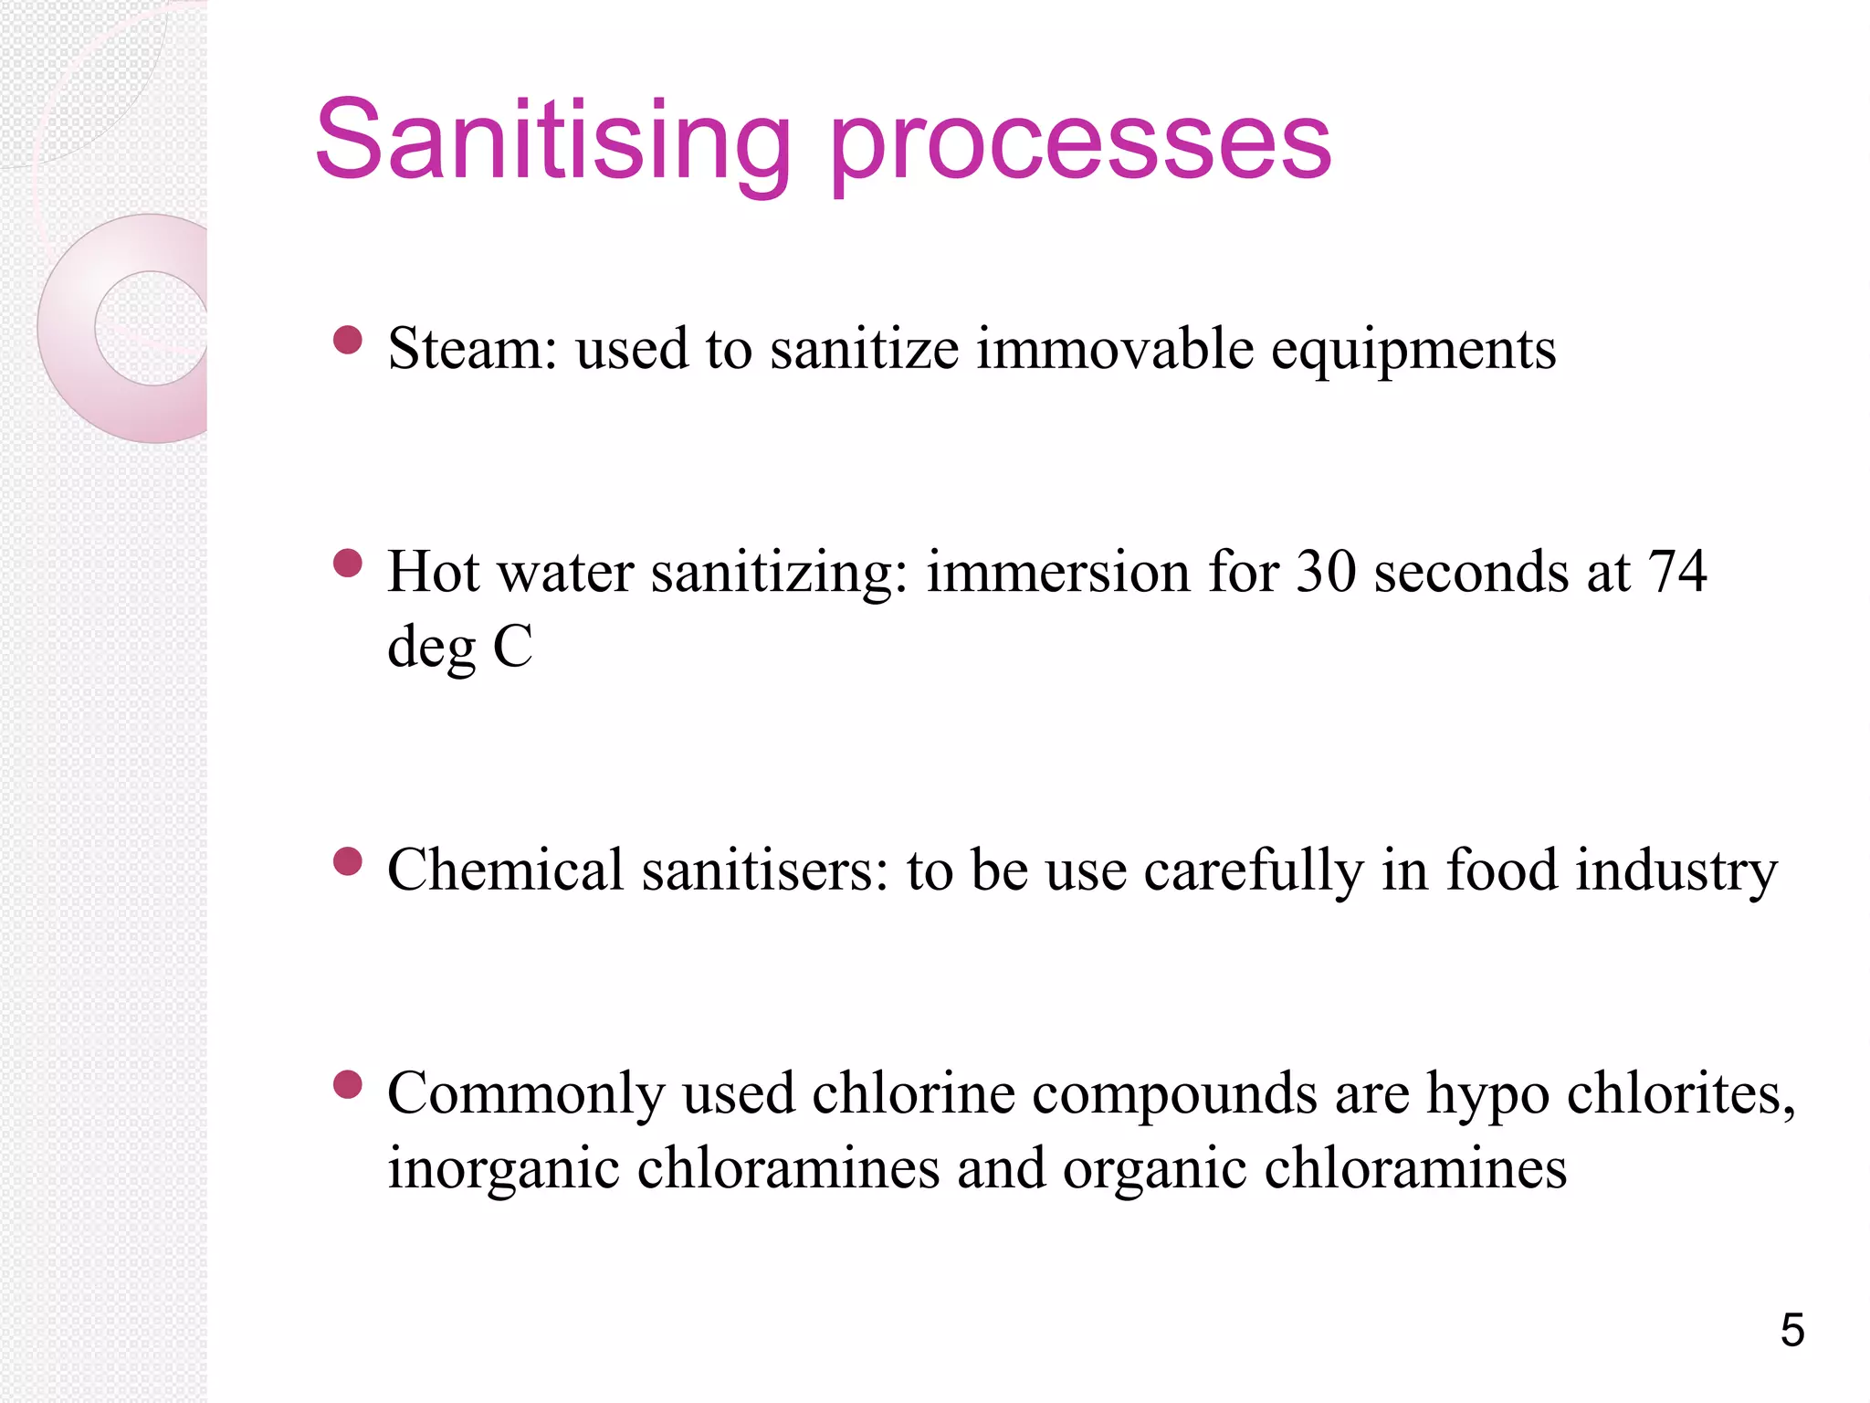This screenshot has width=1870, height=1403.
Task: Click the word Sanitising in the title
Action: [x=552, y=142]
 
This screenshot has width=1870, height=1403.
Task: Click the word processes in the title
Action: [x=1080, y=146]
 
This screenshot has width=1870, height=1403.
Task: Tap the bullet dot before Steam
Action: [x=348, y=341]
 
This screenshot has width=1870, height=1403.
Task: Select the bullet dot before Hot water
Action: [x=348, y=564]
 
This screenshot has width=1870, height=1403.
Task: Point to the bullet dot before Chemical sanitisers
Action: [x=348, y=861]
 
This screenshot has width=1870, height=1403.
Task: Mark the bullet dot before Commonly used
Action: [x=348, y=1085]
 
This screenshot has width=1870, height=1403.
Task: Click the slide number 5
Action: [x=1792, y=1330]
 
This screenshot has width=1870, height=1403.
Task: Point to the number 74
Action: [x=1676, y=572]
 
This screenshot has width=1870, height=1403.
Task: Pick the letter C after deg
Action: [x=512, y=647]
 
